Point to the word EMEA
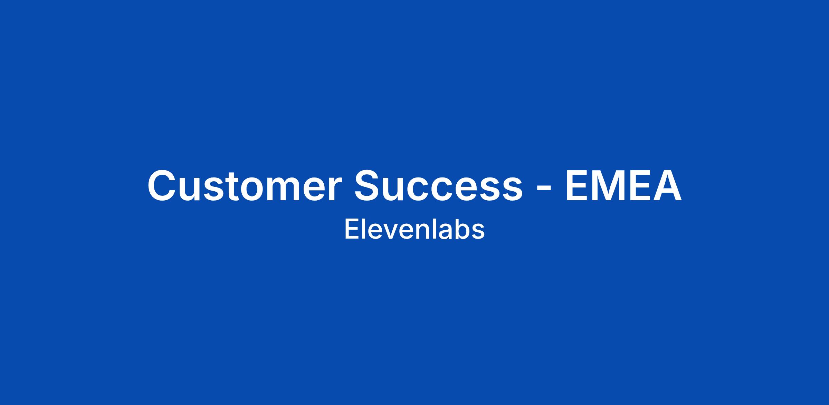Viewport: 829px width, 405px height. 623,185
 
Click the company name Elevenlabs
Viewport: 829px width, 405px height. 414,229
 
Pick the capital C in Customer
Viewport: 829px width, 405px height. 162,185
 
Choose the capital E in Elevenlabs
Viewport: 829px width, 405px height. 351,229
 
